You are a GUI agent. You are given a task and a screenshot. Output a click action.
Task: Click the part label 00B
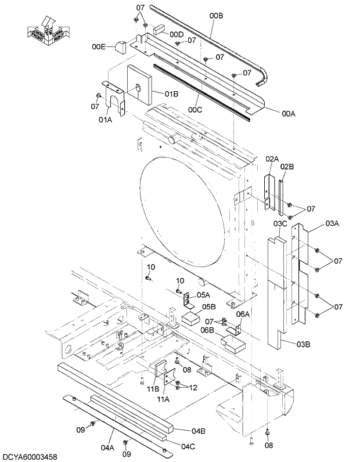click(x=216, y=16)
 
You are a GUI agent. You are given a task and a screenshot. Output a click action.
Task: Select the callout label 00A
click(x=289, y=114)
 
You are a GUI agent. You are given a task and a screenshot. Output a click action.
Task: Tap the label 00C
click(x=195, y=109)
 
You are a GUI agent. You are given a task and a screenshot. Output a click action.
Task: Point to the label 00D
click(x=177, y=35)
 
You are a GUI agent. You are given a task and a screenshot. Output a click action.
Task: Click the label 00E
click(x=99, y=46)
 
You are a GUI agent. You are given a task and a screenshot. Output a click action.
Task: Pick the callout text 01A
click(x=105, y=120)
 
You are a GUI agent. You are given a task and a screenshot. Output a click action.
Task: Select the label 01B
click(x=171, y=93)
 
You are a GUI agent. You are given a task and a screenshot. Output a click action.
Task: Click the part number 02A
click(x=272, y=159)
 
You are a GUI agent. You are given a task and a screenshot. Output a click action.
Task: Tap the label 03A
click(x=332, y=222)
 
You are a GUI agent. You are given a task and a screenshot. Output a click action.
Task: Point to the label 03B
click(x=303, y=345)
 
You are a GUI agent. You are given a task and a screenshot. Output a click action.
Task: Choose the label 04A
click(x=107, y=447)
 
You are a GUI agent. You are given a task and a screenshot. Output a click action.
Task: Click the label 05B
click(x=209, y=307)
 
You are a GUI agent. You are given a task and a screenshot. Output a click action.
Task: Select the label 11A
click(x=163, y=399)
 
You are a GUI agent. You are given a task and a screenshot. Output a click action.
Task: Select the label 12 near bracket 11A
click(x=193, y=387)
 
